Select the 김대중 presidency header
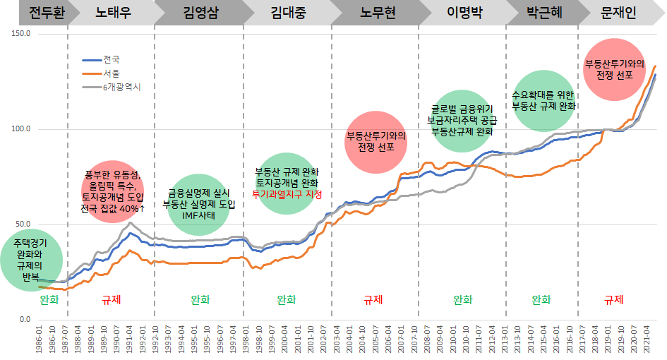(x=288, y=13)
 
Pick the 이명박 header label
(x=464, y=13)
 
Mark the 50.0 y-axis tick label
(x=22, y=224)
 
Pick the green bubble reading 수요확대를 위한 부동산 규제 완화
(x=543, y=100)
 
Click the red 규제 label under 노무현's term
(x=373, y=299)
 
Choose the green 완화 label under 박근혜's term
(x=541, y=299)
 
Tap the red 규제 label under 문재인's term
(x=614, y=299)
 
